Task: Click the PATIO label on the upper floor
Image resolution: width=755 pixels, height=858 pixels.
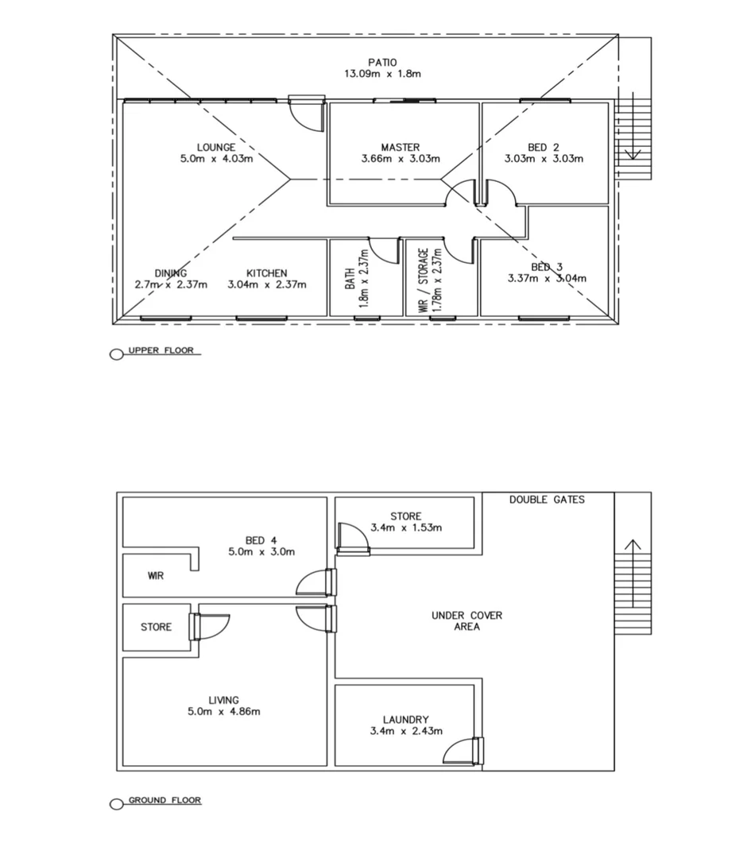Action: [x=381, y=62]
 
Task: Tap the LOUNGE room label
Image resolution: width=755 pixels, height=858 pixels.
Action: [x=216, y=147]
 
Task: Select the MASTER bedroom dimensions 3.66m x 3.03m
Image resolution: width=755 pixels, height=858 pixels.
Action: [x=400, y=158]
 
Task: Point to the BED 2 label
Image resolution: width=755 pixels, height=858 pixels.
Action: [x=544, y=147]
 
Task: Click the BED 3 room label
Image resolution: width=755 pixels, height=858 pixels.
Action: [x=547, y=267]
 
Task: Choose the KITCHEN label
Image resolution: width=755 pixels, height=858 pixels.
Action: [x=266, y=273]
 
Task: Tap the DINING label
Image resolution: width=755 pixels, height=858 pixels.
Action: [x=171, y=273]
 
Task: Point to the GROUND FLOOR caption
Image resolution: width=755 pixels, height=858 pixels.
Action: [x=165, y=800]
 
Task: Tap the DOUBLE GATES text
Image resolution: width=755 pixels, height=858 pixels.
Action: [x=547, y=500]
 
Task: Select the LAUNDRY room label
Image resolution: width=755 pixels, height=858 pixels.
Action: [x=405, y=720]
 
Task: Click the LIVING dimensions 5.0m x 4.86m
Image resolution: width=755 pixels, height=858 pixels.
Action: [x=223, y=712]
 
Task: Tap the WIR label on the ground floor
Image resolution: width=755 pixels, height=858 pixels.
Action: [x=156, y=575]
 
